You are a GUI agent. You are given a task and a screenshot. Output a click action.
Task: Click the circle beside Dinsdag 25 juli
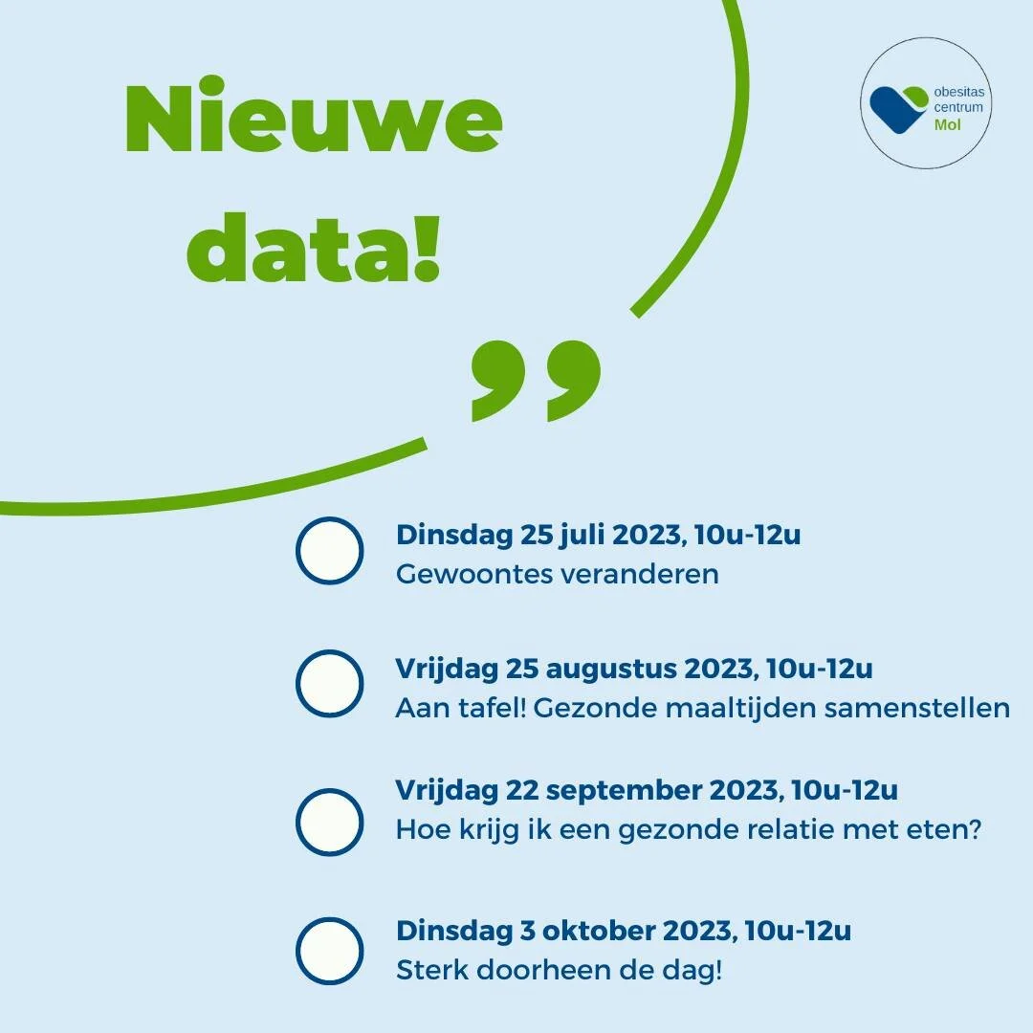pos(329,551)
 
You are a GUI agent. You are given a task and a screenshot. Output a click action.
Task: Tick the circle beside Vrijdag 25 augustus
pos(329,684)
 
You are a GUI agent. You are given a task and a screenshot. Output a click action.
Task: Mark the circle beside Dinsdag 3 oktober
pos(329,951)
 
